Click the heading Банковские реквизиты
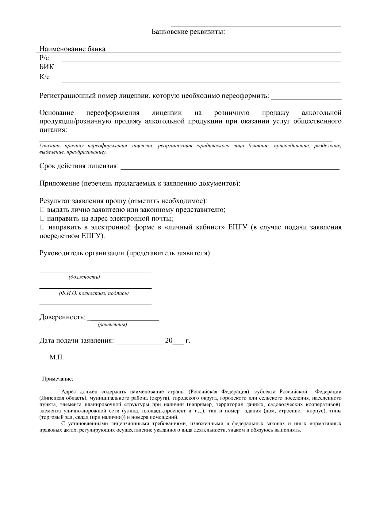tap(188, 32)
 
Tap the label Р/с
tap(44, 58)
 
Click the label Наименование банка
tap(72, 49)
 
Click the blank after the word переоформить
tap(306, 98)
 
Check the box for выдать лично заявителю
tap(42, 210)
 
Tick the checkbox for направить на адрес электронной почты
tap(42, 219)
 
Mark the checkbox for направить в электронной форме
tap(42, 227)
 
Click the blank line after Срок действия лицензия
tap(230, 169)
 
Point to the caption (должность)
tap(84, 277)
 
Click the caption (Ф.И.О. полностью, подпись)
tap(94, 294)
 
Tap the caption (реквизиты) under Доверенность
tap(112, 325)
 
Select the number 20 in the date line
tap(169, 341)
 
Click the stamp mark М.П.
tap(57, 357)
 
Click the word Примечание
tap(58, 379)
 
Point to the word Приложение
tap(59, 184)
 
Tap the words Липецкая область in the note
tap(63, 398)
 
